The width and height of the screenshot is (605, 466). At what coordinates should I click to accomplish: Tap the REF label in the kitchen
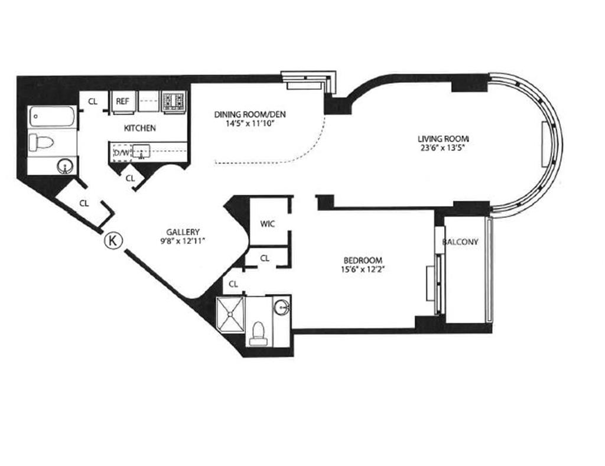tap(122, 101)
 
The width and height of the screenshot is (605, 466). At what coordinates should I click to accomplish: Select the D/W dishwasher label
tap(122, 153)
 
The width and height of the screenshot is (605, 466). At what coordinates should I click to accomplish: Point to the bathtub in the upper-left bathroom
tap(53, 116)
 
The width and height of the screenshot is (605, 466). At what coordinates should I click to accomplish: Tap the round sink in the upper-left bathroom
tap(65, 167)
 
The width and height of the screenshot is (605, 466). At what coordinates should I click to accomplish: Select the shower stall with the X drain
tap(230, 314)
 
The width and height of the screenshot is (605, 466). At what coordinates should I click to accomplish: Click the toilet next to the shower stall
tap(258, 334)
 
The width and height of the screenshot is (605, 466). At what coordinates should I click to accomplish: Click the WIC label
tap(268, 224)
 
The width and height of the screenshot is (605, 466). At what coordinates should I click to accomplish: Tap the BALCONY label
tap(460, 242)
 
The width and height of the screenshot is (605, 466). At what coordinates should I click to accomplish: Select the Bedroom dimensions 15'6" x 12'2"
tap(363, 269)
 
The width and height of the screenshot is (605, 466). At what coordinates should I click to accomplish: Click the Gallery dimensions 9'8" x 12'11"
tap(183, 241)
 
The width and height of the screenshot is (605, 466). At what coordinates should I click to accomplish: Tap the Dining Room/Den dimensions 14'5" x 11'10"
tap(250, 124)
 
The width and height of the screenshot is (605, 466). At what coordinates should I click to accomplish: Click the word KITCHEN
tap(139, 128)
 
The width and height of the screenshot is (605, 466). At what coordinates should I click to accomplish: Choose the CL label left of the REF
tap(93, 102)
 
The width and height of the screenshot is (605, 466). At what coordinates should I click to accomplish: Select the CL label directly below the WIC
tap(265, 259)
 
